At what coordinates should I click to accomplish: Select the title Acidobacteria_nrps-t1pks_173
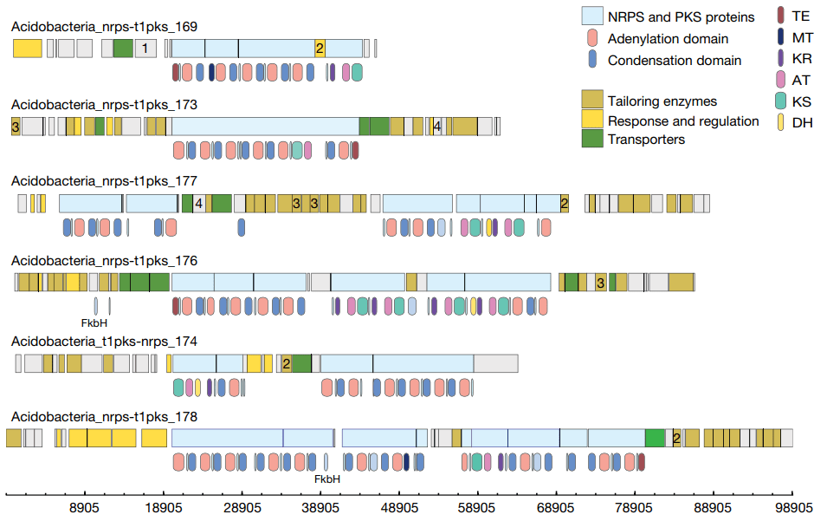coord(104,104)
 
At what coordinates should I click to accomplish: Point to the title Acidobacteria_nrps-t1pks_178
coord(104,417)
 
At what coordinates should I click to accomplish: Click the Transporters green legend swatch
coord(592,139)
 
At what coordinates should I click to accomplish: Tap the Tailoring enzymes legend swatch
coord(592,101)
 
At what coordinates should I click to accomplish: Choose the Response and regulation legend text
coord(683,120)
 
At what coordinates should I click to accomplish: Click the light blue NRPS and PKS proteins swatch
coord(592,16)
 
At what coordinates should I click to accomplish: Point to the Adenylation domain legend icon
coord(592,38)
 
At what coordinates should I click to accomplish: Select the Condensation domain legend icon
coord(592,60)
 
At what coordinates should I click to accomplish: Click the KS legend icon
coord(780,101)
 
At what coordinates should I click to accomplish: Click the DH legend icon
coord(780,122)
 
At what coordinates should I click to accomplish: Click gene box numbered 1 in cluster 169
coord(145,49)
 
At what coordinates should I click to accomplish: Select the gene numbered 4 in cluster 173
coord(437,126)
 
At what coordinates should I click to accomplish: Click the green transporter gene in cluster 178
coord(656,438)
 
